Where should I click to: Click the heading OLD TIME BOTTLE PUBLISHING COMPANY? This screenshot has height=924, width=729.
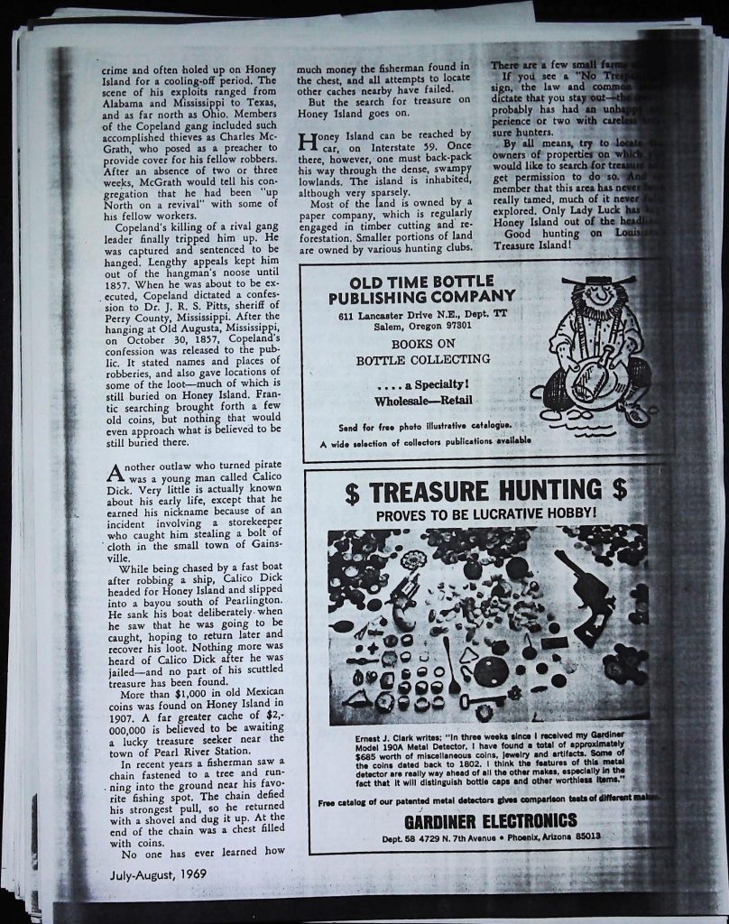point(421,288)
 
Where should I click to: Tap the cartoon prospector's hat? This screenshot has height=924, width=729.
point(597,281)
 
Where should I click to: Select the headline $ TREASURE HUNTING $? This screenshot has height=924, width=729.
point(485,492)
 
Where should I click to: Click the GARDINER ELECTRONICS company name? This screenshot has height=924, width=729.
point(490,820)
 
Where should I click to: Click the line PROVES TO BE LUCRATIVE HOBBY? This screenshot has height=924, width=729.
point(486,515)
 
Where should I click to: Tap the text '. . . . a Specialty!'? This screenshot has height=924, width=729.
point(422,384)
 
